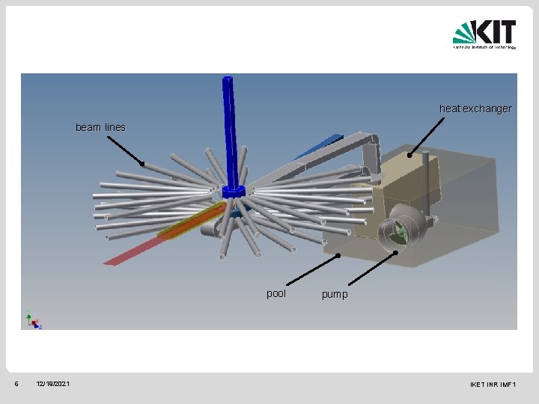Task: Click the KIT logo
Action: pos(484,34)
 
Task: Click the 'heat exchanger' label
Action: pos(475,108)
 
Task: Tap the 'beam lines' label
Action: pos(100,127)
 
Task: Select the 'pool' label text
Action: pos(276,293)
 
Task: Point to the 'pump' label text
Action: pos(335,295)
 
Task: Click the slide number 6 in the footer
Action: pos(16,384)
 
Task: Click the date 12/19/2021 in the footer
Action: pos(52,384)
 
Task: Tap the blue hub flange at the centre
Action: pos(234,192)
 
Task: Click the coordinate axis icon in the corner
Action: pos(33,319)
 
